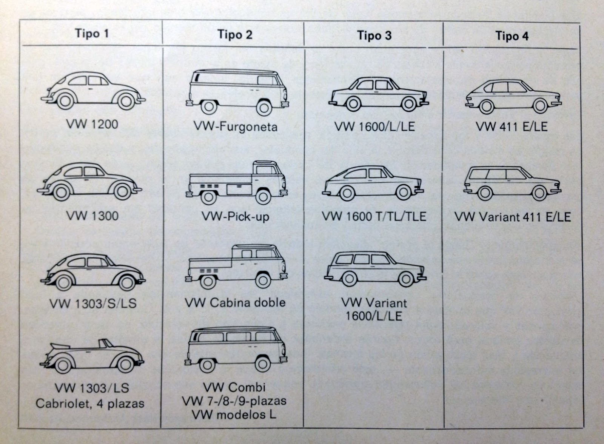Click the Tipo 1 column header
coord(92,33)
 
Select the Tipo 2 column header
coord(234,34)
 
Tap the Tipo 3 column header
coord(374,35)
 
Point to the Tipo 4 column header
coord(512,36)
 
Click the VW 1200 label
coord(92,124)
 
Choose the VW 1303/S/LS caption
coord(92,303)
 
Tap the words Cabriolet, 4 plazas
coord(90,403)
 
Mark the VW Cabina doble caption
coord(235,302)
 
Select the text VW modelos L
coord(234,415)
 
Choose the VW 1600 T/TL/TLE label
coord(374,216)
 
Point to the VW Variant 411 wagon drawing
coord(512,183)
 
